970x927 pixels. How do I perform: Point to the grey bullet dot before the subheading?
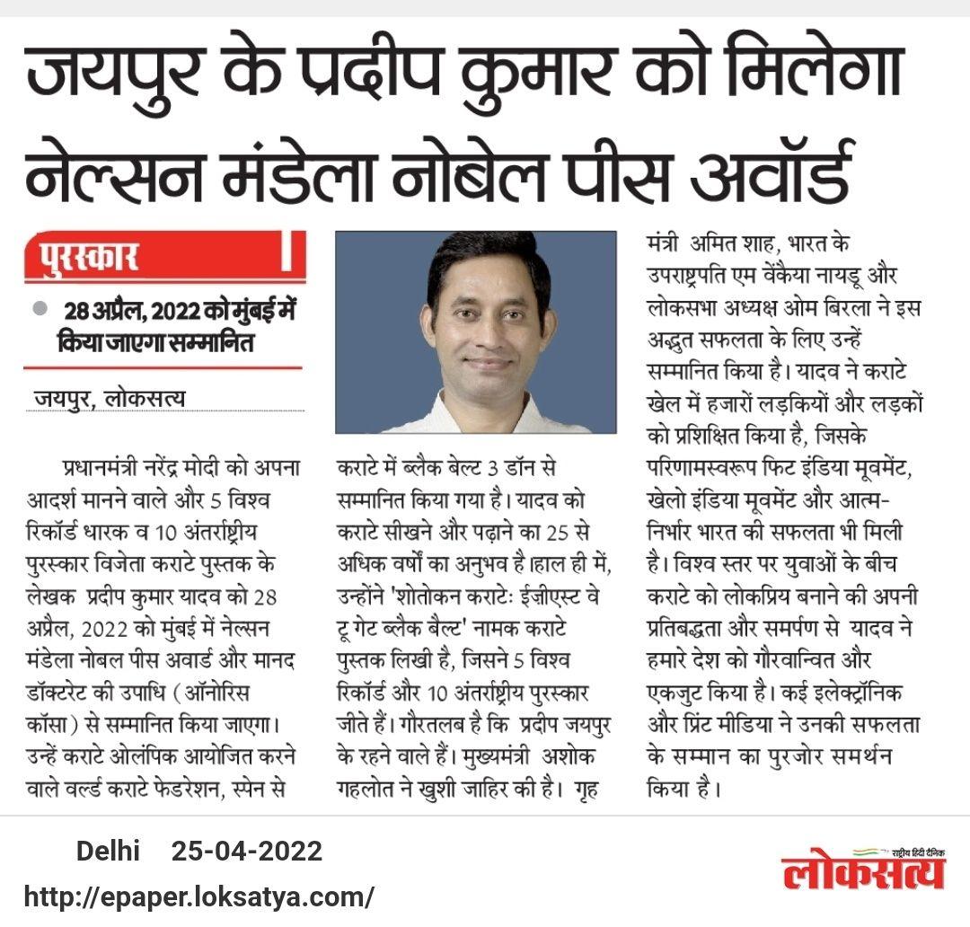coord(40,308)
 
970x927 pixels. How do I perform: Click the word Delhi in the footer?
coord(108,851)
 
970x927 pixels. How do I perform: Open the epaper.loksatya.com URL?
coord(198,896)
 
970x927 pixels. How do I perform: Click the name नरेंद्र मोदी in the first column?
coord(194,468)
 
